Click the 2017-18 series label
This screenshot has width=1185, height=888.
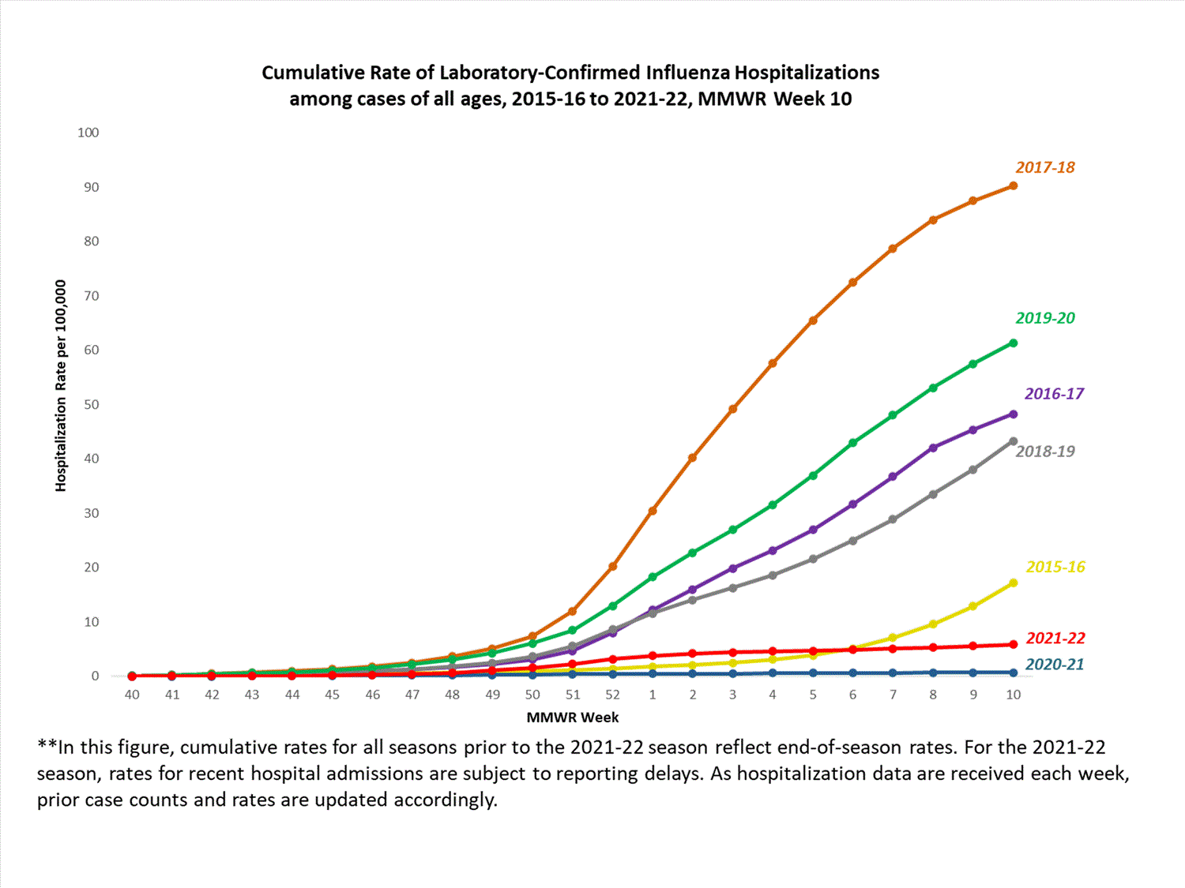click(1044, 167)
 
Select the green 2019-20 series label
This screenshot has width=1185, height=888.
click(1044, 318)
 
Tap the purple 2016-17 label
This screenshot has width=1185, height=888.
click(1054, 394)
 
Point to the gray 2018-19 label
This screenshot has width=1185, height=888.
click(1044, 451)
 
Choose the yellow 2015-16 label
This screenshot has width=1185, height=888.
click(1055, 567)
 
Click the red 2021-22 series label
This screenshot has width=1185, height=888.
click(1055, 638)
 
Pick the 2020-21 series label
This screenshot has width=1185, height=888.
click(1054, 665)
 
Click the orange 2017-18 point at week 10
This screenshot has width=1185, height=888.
click(1013, 186)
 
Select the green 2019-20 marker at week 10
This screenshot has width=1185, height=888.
click(1013, 343)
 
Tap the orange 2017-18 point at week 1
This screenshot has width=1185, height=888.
click(653, 511)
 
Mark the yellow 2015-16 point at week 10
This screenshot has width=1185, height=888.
click(1013, 583)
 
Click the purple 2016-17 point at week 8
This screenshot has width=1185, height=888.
click(933, 448)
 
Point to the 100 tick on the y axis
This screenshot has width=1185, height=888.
click(88, 133)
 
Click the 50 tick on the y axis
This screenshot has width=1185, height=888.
click(91, 404)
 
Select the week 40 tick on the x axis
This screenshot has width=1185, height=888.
click(132, 695)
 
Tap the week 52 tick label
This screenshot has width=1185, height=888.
click(612, 695)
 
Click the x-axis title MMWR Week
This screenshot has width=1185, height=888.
click(572, 718)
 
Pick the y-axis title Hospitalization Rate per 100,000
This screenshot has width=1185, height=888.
click(61, 386)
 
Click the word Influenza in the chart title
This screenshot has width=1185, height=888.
click(687, 73)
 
